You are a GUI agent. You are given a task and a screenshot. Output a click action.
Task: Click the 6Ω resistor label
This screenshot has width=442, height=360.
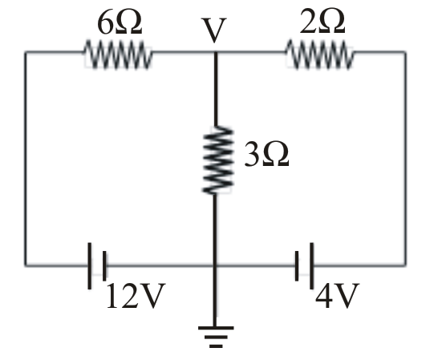[x=120, y=23]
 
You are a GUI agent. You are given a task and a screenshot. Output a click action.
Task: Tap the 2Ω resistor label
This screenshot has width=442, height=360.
[x=322, y=22]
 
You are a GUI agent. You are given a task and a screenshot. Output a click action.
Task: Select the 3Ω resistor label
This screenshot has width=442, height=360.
[x=266, y=154]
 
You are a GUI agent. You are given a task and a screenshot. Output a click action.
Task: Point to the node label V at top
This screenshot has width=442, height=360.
[x=214, y=30]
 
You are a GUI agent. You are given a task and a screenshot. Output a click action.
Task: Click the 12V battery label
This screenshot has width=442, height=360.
[x=136, y=296]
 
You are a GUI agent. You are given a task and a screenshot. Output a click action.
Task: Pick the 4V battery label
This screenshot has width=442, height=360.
[x=337, y=296]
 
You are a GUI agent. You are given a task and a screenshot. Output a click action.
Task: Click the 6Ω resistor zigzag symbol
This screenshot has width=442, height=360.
[x=118, y=55]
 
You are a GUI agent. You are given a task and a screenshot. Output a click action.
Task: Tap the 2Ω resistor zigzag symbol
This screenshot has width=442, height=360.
[x=320, y=55]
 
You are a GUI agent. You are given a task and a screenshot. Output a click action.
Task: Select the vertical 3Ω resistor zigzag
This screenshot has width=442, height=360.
[x=217, y=160]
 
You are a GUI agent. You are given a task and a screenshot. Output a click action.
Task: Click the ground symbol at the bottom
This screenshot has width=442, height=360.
[x=216, y=336]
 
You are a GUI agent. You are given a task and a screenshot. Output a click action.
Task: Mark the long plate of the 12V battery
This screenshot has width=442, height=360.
[x=90, y=265]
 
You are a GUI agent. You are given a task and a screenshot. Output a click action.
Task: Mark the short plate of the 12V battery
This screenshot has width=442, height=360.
[x=104, y=265]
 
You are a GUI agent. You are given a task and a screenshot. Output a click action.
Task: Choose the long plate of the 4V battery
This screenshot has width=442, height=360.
[x=311, y=265]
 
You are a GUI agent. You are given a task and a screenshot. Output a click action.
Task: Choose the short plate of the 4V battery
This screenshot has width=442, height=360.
[x=297, y=265]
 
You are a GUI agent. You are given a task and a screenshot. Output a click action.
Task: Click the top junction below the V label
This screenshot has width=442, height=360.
[x=216, y=52]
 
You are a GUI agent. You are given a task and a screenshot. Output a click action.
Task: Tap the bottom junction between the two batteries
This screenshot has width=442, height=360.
[x=215, y=265]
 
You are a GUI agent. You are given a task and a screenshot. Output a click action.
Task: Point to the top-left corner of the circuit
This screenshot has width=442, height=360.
[x=26, y=52]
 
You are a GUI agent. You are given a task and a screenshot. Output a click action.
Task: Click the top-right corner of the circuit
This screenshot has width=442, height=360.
[x=406, y=52]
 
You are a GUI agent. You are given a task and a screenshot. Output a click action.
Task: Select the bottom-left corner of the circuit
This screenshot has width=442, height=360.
[x=26, y=265]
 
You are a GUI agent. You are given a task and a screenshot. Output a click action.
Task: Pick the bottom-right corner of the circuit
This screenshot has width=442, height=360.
[x=406, y=265]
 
